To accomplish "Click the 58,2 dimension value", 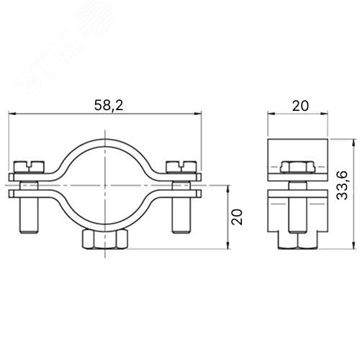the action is (x=109, y=105).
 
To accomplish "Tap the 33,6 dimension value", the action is (x=342, y=185).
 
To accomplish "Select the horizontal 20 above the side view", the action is (x=300, y=106).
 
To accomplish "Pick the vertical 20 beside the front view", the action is (x=237, y=217).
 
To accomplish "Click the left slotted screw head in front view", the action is (x=30, y=166).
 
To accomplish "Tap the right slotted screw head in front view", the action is (x=181, y=166).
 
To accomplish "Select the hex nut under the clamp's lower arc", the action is (x=105, y=240).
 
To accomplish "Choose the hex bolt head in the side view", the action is (x=297, y=167).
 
